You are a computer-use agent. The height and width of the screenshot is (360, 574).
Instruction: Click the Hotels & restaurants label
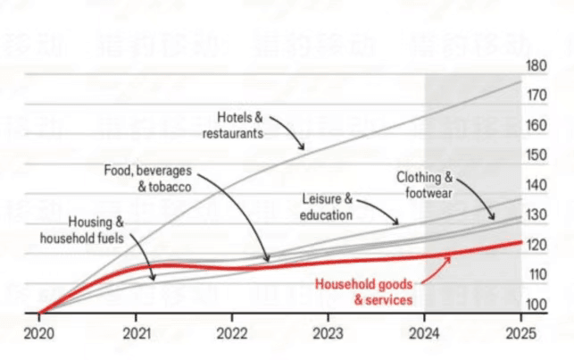point(239,124)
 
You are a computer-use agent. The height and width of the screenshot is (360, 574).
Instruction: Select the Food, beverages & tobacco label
point(148,179)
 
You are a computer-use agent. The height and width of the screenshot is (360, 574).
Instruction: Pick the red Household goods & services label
point(364,293)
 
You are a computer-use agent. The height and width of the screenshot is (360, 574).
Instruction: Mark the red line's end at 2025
point(520,241)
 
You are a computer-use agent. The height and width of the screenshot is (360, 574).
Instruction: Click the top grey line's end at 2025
point(520,82)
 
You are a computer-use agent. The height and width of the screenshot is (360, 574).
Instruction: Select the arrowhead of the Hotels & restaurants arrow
point(304,147)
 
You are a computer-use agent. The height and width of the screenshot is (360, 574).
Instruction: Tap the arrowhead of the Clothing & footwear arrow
point(494,218)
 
